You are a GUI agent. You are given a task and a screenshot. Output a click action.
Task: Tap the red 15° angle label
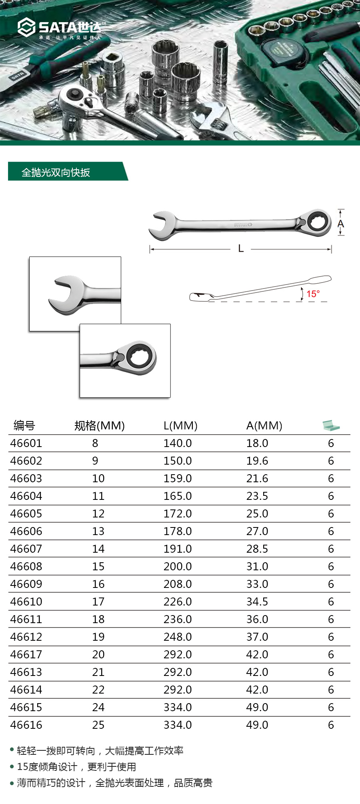pos(313,294)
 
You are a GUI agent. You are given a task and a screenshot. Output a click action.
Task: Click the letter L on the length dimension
pos(241,249)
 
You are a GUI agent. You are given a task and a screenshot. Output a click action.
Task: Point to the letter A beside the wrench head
pos(341,223)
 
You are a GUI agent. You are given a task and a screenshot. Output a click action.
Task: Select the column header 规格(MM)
pos(100,425)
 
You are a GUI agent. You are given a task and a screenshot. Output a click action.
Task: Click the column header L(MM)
pos(180,425)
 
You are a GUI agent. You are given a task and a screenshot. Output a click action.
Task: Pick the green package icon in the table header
pos(331,425)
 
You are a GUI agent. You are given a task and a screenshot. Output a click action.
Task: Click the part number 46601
pos(26,443)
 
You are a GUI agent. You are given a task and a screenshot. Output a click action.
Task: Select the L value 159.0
pos(178,478)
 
